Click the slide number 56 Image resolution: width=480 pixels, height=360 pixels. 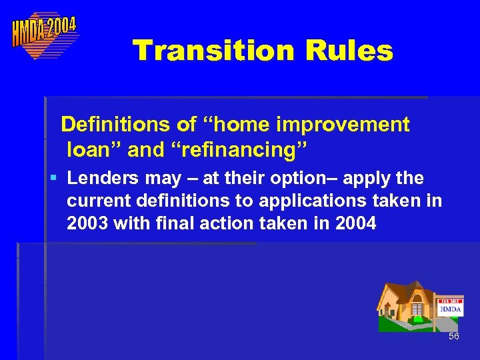(x=453, y=337)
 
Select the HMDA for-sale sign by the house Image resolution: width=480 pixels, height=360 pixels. (x=451, y=307)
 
